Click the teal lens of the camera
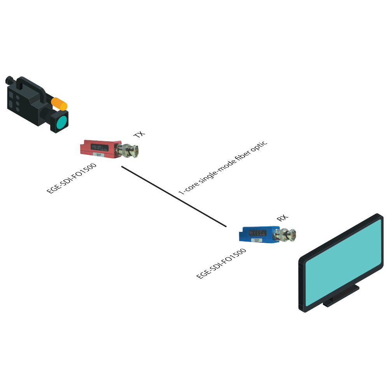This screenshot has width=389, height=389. click(x=61, y=122)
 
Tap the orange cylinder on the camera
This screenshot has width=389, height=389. click(x=60, y=103)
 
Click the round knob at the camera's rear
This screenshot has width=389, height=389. click(x=9, y=81)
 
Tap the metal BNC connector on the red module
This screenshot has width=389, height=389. click(x=130, y=150)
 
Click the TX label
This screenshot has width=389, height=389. click(x=139, y=135)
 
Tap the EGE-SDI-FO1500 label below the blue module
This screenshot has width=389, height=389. click(x=221, y=263)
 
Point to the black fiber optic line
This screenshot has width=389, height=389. click(x=173, y=196)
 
